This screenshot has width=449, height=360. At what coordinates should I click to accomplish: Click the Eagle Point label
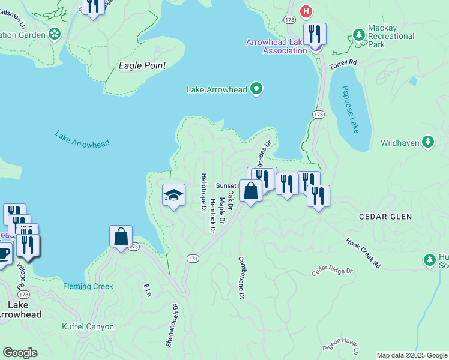[x=142, y=65]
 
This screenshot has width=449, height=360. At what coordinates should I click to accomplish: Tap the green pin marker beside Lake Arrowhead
[x=256, y=89]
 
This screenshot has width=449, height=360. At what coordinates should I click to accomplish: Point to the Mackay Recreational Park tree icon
[x=358, y=35]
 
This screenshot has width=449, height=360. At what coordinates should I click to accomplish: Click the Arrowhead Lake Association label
[x=277, y=46]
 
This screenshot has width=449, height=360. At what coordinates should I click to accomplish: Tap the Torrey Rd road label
[x=343, y=63]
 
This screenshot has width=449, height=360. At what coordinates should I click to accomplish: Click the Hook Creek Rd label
[x=363, y=253]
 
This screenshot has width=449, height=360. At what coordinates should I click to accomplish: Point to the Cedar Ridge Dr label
[x=333, y=272]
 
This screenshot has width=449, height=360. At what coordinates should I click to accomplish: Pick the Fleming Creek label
[x=88, y=286]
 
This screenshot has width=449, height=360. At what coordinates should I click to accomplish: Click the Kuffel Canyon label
[x=88, y=327]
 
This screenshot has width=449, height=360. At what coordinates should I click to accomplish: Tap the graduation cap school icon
[x=173, y=195]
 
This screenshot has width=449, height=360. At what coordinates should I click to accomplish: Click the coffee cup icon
[x=4, y=253]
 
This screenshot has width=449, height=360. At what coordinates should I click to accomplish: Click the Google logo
[x=20, y=353]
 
